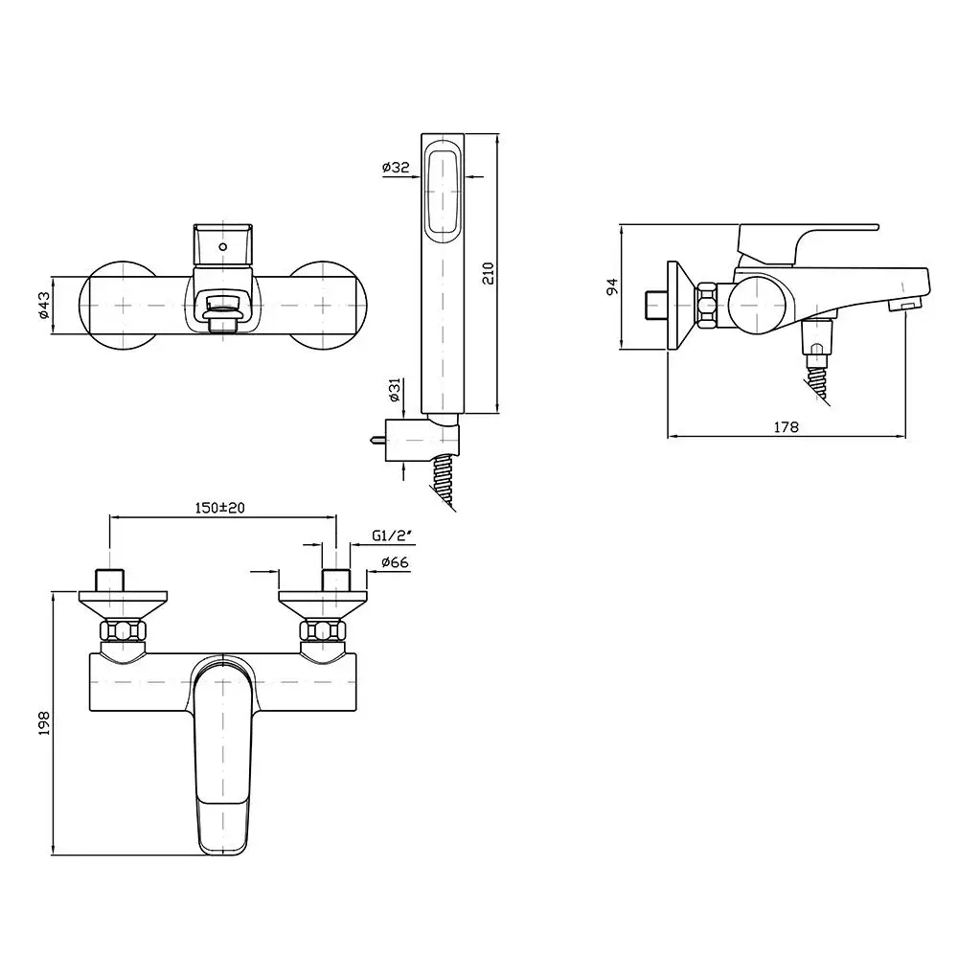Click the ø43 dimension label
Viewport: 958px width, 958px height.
click(x=43, y=305)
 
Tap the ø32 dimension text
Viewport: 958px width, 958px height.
click(x=396, y=167)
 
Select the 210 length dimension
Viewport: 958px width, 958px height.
click(x=489, y=273)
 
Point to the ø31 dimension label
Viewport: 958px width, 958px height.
click(x=395, y=390)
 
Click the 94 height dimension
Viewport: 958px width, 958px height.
click(x=612, y=286)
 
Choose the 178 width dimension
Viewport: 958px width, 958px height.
click(x=786, y=427)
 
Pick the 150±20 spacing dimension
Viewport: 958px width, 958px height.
click(x=219, y=508)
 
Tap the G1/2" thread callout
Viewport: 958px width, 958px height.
click(x=392, y=536)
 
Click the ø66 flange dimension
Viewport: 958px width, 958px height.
click(x=395, y=562)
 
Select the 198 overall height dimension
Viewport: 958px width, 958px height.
click(x=44, y=722)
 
